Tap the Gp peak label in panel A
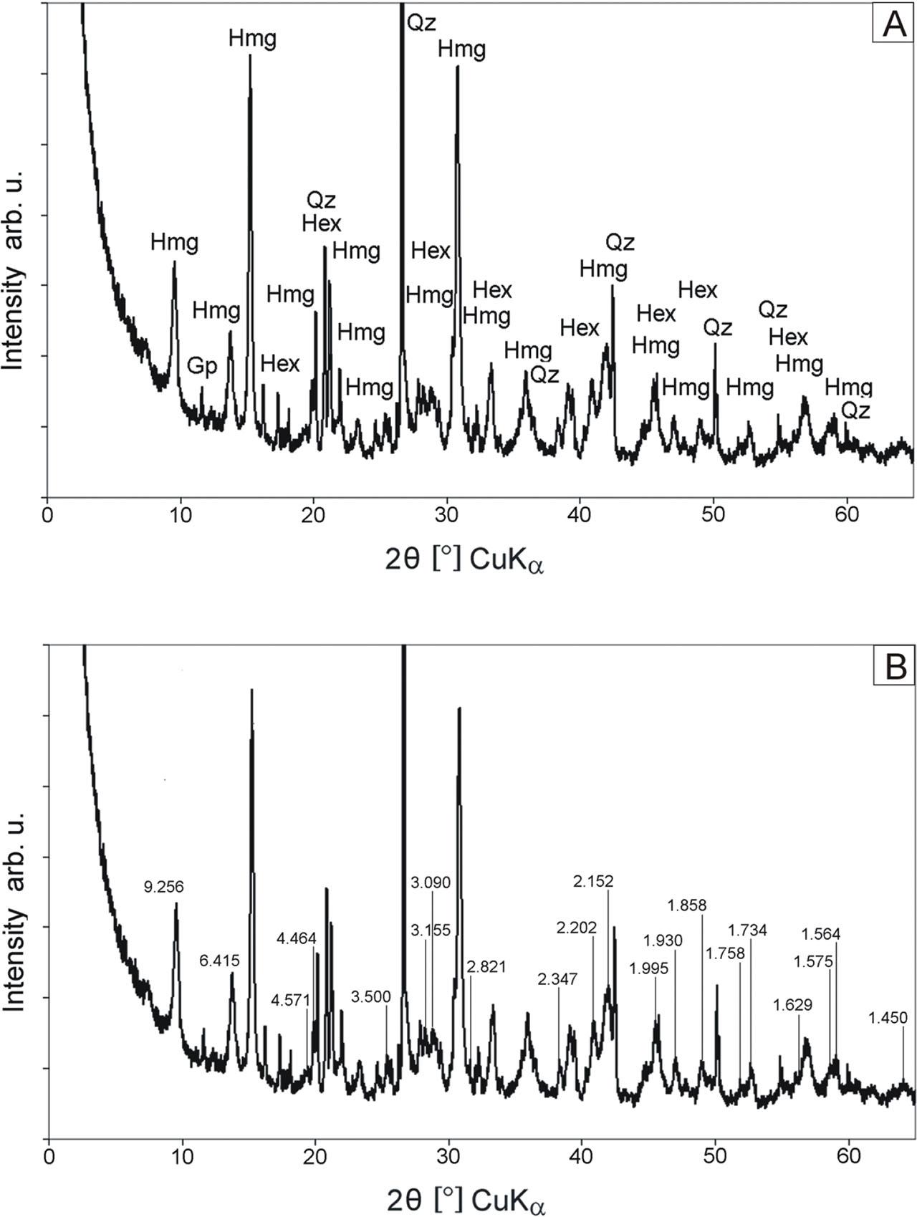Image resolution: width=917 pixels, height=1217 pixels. point(202,367)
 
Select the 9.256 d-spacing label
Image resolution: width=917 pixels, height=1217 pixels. point(163,887)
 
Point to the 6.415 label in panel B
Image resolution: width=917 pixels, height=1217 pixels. point(219,961)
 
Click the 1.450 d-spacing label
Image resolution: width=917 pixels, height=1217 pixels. point(888,1018)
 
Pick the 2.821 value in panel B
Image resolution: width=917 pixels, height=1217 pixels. point(486,967)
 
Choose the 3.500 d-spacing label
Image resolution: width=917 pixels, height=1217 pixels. point(371,997)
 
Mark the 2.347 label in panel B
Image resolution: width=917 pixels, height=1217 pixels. point(557,978)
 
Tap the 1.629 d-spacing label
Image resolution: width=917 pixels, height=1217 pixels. point(793,1005)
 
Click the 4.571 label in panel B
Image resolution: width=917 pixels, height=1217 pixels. point(291,999)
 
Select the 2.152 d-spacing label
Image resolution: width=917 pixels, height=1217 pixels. point(594,881)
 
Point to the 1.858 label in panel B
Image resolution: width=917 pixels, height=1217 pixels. point(686,905)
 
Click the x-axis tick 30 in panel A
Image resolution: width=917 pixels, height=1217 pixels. point(447,515)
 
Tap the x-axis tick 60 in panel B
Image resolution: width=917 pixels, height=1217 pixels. point(848,1155)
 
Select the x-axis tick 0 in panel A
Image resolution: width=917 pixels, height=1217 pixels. point(47,515)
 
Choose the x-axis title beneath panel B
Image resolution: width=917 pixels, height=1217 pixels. point(466,1198)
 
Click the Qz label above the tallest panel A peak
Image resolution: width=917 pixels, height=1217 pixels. point(421,22)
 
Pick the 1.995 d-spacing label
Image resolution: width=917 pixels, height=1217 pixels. point(648,968)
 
